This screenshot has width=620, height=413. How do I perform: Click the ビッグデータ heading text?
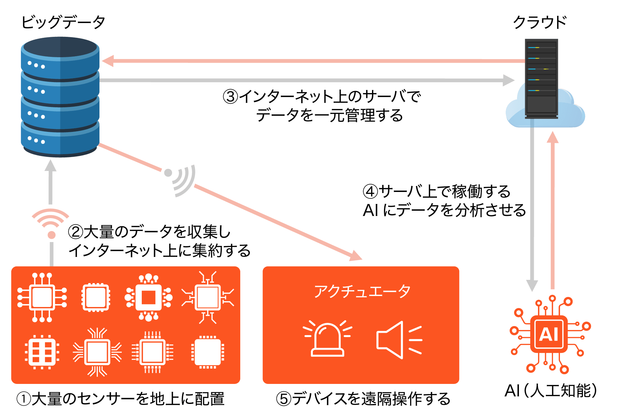(63, 22)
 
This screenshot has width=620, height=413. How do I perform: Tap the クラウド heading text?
(540, 22)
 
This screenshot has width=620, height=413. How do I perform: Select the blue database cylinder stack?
(60, 97)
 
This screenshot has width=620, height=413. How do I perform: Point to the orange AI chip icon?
(550, 334)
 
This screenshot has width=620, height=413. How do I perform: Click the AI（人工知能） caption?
(550, 391)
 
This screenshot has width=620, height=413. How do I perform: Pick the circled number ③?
(231, 97)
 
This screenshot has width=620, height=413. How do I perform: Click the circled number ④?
(370, 191)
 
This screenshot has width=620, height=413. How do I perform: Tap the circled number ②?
(76, 232)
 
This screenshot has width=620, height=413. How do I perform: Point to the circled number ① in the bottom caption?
(24, 399)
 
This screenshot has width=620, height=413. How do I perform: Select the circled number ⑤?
(284, 399)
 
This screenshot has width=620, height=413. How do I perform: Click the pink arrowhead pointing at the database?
(108, 61)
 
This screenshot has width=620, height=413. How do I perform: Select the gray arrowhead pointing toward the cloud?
(508, 80)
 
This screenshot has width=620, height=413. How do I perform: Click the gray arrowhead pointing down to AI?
(532, 285)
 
